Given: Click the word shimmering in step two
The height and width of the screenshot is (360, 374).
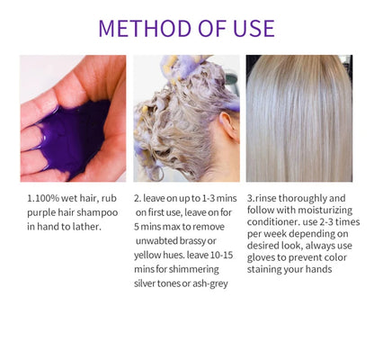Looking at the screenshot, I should point(191,270).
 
